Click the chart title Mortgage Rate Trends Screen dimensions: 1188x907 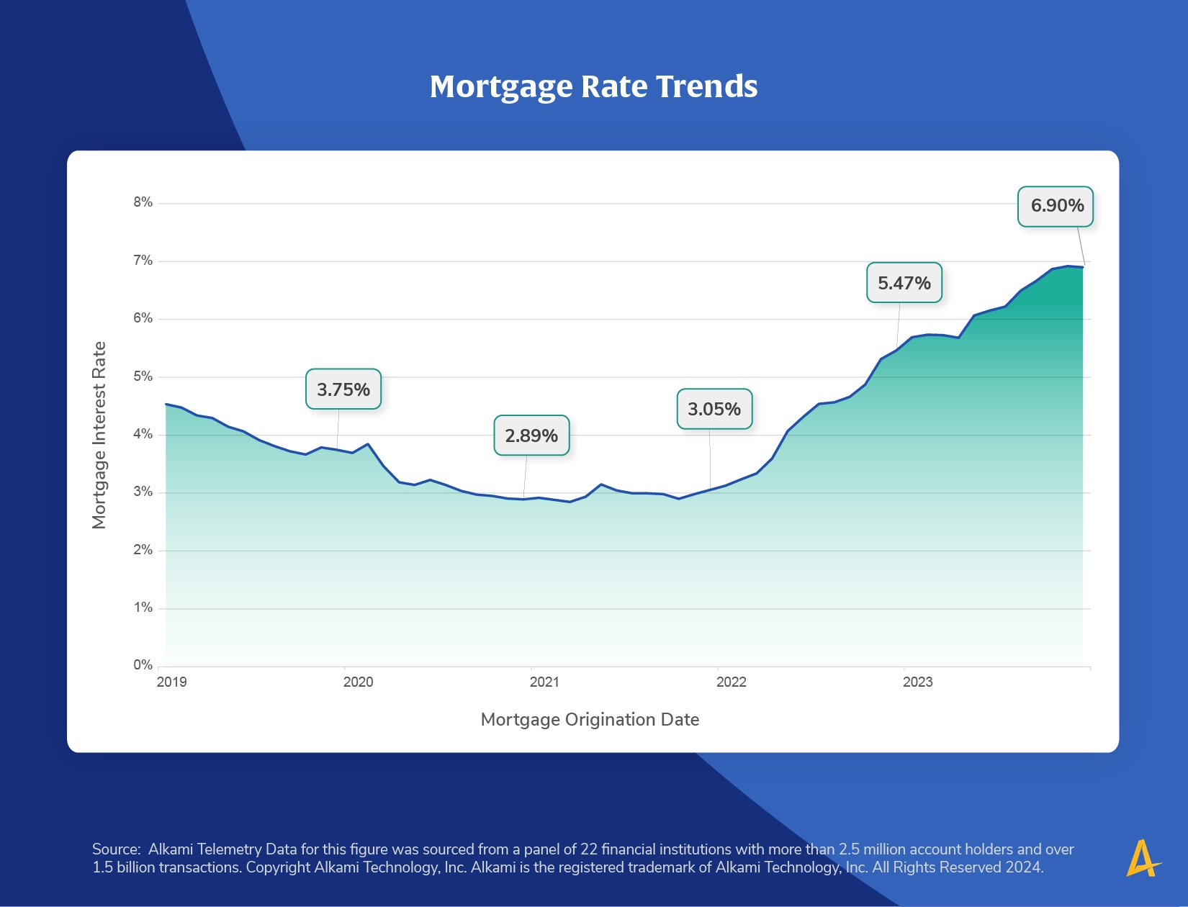[593, 86]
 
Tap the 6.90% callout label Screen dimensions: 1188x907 [1056, 206]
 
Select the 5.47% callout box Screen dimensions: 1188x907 [904, 282]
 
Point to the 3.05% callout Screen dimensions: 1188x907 [714, 409]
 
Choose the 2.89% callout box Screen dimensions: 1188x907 [531, 436]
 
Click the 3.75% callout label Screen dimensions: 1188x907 [343, 389]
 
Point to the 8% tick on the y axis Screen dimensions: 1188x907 [143, 202]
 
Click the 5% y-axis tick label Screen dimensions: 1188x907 [143, 376]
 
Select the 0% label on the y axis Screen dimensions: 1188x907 [143, 664]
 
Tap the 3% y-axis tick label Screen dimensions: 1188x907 [143, 492]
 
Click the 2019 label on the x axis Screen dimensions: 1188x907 [171, 682]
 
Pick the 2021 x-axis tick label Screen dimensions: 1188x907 [544, 682]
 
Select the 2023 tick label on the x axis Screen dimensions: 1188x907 [918, 682]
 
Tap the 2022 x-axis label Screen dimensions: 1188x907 [732, 682]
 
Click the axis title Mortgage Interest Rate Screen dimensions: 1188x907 [99, 435]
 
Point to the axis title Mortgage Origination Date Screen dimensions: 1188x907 [590, 720]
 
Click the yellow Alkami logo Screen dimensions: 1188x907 [1143, 858]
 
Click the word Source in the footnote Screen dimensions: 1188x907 [117, 849]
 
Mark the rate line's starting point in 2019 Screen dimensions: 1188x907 [166, 404]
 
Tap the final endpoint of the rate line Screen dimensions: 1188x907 [1083, 267]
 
